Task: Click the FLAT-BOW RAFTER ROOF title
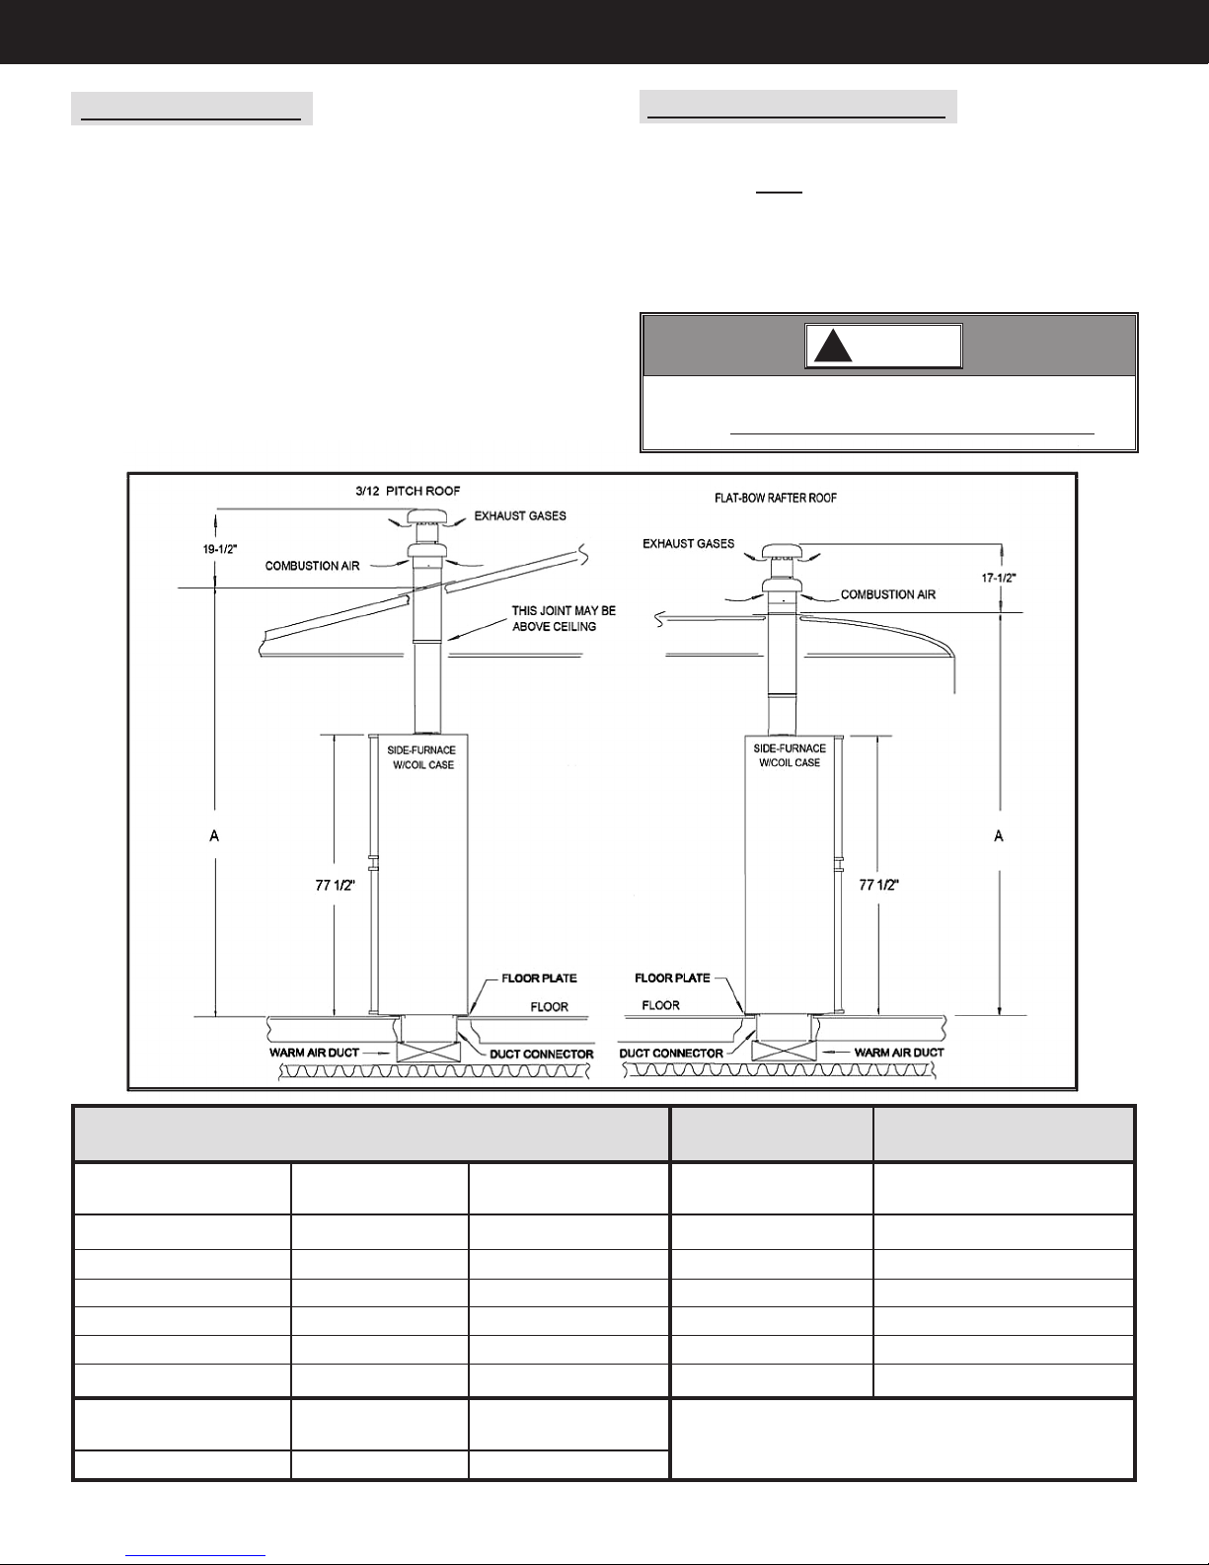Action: [x=776, y=499]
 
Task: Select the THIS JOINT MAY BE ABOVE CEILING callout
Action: [x=563, y=619]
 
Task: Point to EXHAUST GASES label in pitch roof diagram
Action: [x=520, y=516]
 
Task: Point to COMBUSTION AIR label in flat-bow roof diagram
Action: [x=887, y=595]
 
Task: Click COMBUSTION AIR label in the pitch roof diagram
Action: [x=311, y=566]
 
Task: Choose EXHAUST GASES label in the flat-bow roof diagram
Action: [x=688, y=544]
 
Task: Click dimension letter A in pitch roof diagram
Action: [x=213, y=836]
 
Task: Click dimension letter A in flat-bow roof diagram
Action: [x=999, y=836]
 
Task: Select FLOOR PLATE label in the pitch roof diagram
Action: [x=539, y=978]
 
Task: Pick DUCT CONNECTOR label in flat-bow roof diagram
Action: [x=670, y=1054]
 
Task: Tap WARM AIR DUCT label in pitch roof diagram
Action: [x=315, y=1054]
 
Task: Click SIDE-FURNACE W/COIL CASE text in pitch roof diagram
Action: [x=420, y=757]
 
